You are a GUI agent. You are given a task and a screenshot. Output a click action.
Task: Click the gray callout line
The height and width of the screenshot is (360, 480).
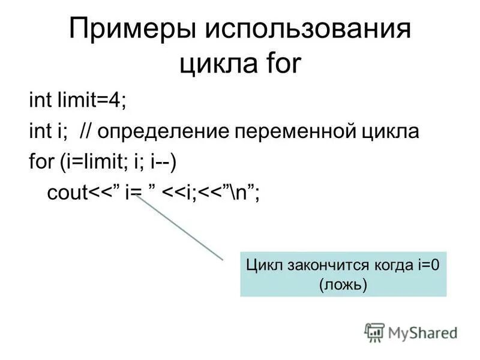(179, 229)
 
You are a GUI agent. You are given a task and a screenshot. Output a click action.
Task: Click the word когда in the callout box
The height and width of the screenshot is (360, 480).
(390, 265)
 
